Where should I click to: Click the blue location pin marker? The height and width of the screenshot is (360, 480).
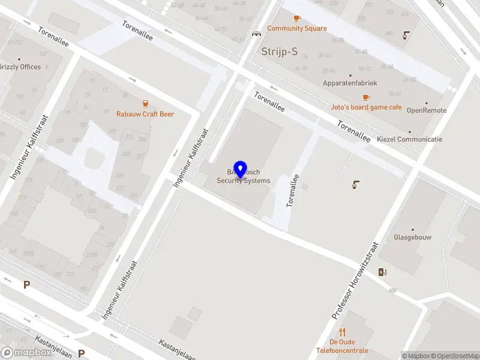[241, 170]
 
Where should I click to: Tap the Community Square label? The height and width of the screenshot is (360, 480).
[297, 28]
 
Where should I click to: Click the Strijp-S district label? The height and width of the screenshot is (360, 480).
[280, 52]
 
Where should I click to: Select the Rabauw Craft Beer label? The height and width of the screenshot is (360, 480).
[145, 114]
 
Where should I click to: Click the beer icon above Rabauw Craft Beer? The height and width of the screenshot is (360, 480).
[145, 104]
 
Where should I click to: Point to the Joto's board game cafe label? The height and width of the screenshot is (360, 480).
[366, 107]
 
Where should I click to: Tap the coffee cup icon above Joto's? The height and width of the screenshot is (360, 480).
[366, 97]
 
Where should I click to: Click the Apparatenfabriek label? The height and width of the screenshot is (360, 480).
[350, 83]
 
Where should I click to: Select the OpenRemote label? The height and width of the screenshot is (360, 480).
[427, 110]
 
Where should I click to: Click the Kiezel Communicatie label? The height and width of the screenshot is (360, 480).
[410, 139]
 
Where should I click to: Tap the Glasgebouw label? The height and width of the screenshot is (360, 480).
[413, 237]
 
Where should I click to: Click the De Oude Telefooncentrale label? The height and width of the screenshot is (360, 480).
[342, 346]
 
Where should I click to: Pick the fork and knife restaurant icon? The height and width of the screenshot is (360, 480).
[342, 332]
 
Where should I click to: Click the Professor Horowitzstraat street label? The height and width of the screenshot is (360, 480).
[356, 280]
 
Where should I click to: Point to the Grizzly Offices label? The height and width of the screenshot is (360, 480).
[20, 67]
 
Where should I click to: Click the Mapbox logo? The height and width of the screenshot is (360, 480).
[26, 353]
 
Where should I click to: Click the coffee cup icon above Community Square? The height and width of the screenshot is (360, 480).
[297, 19]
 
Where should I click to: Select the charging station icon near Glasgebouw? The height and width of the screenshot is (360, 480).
[383, 272]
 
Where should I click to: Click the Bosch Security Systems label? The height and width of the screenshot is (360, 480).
[244, 176]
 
